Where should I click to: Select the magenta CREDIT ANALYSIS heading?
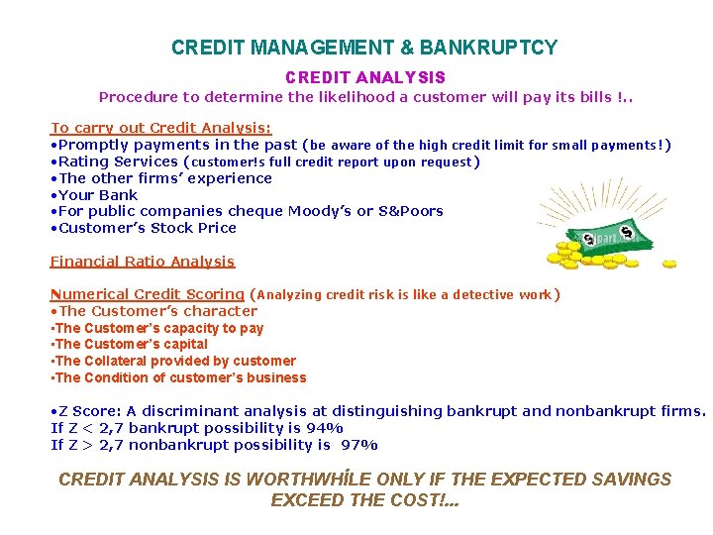tap(365, 77)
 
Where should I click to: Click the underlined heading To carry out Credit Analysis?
tap(160, 128)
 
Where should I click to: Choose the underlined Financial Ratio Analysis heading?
tap(143, 262)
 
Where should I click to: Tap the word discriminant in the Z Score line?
tap(188, 411)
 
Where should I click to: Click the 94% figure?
tap(326, 428)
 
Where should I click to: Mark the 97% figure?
tap(359, 445)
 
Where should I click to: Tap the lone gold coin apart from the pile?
tap(669, 264)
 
